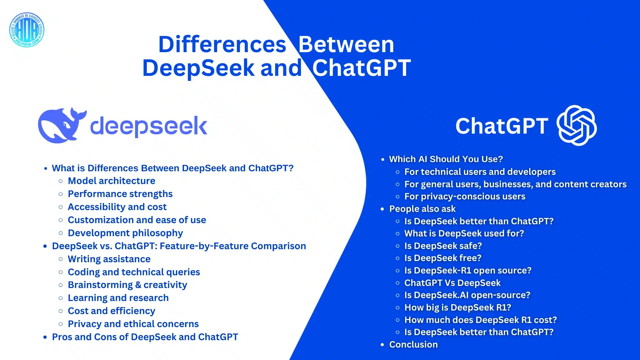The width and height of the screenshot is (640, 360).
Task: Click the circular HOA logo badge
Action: pyautogui.click(x=27, y=30)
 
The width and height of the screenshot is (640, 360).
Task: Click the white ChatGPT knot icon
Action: pyautogui.click(x=577, y=125)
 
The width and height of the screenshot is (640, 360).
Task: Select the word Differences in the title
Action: pyautogui.click(x=222, y=44)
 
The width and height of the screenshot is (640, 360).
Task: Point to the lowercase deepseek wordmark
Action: pyautogui.click(x=148, y=127)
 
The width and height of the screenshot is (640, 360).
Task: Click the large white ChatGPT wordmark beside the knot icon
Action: pyautogui.click(x=502, y=126)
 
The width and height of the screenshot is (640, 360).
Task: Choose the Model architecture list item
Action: pyautogui.click(x=111, y=181)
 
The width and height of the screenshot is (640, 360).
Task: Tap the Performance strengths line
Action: pyautogui.click(x=120, y=194)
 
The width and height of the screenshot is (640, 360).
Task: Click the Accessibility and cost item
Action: pyautogui.click(x=117, y=207)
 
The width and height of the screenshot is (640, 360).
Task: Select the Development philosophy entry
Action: pyautogui.click(x=125, y=233)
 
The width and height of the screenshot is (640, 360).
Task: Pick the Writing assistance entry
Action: pyautogui.click(x=109, y=259)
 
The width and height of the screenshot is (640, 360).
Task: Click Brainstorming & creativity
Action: pyautogui.click(x=127, y=285)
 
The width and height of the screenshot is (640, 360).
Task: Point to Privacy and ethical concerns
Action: pyautogui.click(x=133, y=324)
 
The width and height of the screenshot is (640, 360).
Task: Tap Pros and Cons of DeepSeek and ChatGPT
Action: pyautogui.click(x=145, y=337)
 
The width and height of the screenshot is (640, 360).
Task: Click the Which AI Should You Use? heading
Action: pyautogui.click(x=446, y=159)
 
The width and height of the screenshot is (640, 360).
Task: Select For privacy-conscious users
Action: pyautogui.click(x=465, y=196)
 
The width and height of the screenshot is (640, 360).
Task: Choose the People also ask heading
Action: pyautogui.click(x=422, y=209)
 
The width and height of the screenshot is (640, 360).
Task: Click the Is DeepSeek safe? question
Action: pyautogui.click(x=443, y=246)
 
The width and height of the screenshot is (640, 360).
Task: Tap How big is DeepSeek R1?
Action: pyautogui.click(x=458, y=308)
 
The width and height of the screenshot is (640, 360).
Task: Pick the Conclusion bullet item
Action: pyautogui.click(x=413, y=345)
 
